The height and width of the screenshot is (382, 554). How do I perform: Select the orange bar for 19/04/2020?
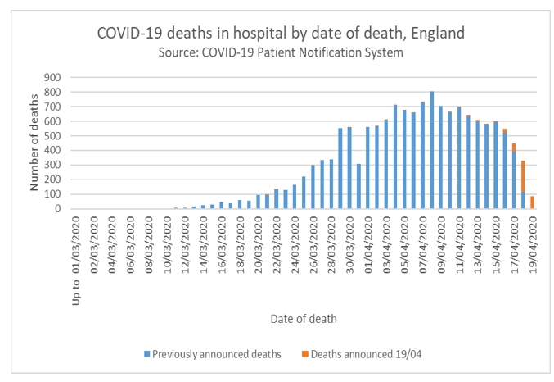532,202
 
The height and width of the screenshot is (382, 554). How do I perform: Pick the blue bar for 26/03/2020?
313,187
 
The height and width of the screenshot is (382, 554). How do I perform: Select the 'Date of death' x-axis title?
303,317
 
